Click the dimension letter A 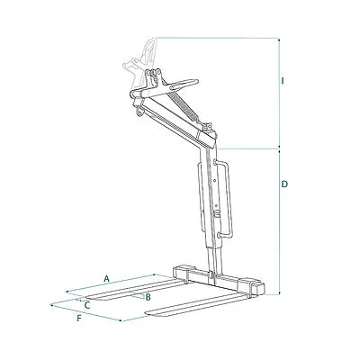[x=106, y=278]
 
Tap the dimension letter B [x=148, y=298]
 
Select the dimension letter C [x=87, y=305]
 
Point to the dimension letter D [x=284, y=184]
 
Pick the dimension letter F [x=79, y=319]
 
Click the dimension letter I [x=282, y=81]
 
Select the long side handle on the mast [x=226, y=199]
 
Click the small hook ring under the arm [x=139, y=112]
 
